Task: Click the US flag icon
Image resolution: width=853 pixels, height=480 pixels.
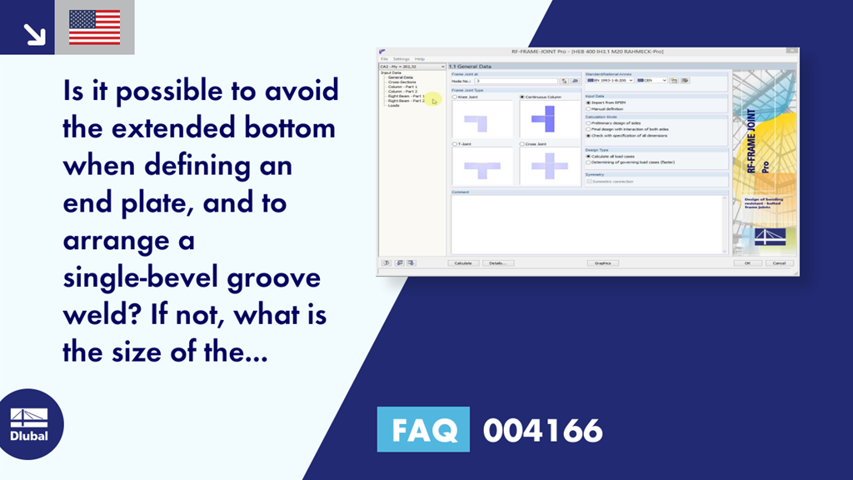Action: coord(94,27)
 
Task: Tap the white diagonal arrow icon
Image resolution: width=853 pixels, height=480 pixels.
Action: coord(34,33)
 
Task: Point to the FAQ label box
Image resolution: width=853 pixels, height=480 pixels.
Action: coord(423,430)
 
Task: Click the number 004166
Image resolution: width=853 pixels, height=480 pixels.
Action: coord(542,431)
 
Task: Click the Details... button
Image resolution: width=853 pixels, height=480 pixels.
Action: coord(497,262)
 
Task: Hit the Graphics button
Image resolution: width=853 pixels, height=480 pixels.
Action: coord(601,262)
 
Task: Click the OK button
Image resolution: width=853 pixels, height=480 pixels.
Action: coord(747,262)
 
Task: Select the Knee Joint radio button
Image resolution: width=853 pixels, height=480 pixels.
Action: coord(455,97)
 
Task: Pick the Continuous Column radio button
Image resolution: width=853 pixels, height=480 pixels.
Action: coord(522,97)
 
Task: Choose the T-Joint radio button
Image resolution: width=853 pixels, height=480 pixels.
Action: coord(455,143)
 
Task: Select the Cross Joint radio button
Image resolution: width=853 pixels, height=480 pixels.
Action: coord(522,143)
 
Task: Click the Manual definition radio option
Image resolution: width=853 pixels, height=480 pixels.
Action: coord(588,109)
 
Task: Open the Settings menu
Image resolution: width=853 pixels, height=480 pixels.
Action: coord(402,59)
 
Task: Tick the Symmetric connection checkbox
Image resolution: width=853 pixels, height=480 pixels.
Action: coord(590,181)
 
